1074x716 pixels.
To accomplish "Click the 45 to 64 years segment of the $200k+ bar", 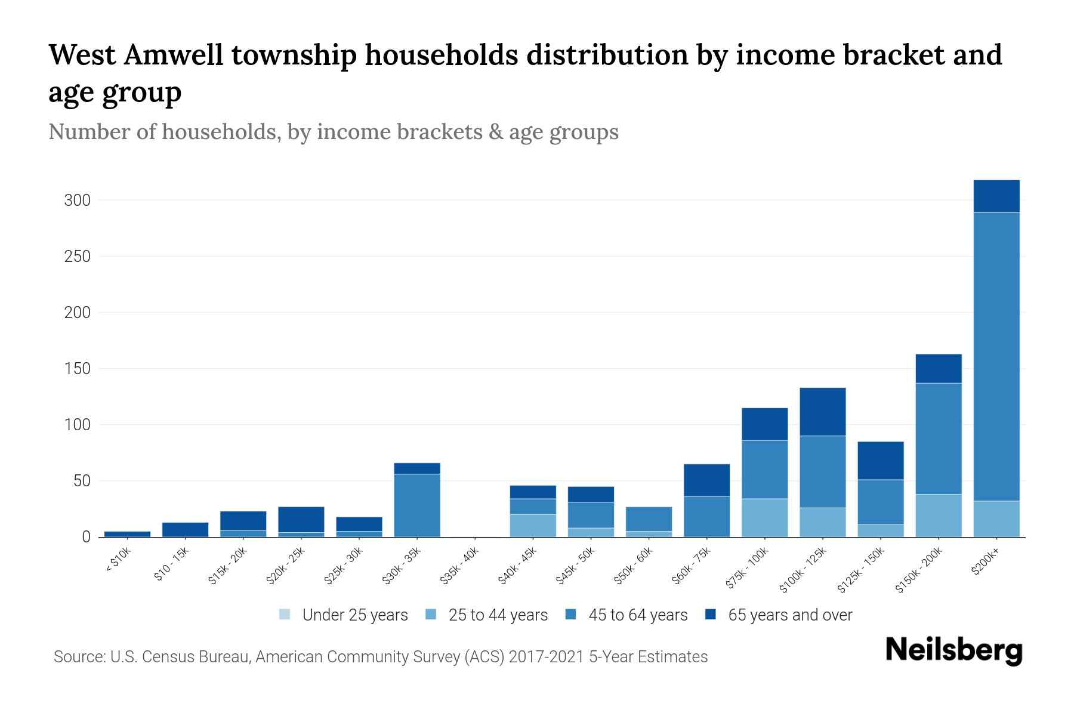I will pyautogui.click(x=996, y=356).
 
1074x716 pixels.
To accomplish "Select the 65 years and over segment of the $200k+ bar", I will pyautogui.click(x=996, y=196).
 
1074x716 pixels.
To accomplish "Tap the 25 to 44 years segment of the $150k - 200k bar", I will pyautogui.click(x=939, y=516).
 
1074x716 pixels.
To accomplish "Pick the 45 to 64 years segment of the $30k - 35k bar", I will pyautogui.click(x=417, y=505).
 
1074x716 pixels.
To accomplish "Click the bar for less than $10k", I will pyautogui.click(x=127, y=534).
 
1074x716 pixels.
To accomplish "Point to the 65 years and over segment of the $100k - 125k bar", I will pyautogui.click(x=822, y=412).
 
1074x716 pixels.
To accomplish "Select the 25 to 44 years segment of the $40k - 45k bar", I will pyautogui.click(x=533, y=526).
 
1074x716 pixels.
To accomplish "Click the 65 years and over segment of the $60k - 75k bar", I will pyautogui.click(x=706, y=480).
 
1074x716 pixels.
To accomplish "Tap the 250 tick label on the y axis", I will pyautogui.click(x=77, y=257).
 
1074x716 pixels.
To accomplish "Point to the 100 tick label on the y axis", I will pyautogui.click(x=77, y=425).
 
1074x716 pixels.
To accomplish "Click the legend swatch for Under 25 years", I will pyautogui.click(x=285, y=615).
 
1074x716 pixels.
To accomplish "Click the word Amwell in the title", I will pyautogui.click(x=174, y=55).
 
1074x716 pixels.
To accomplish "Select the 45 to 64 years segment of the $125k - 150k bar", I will pyautogui.click(x=880, y=502).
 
